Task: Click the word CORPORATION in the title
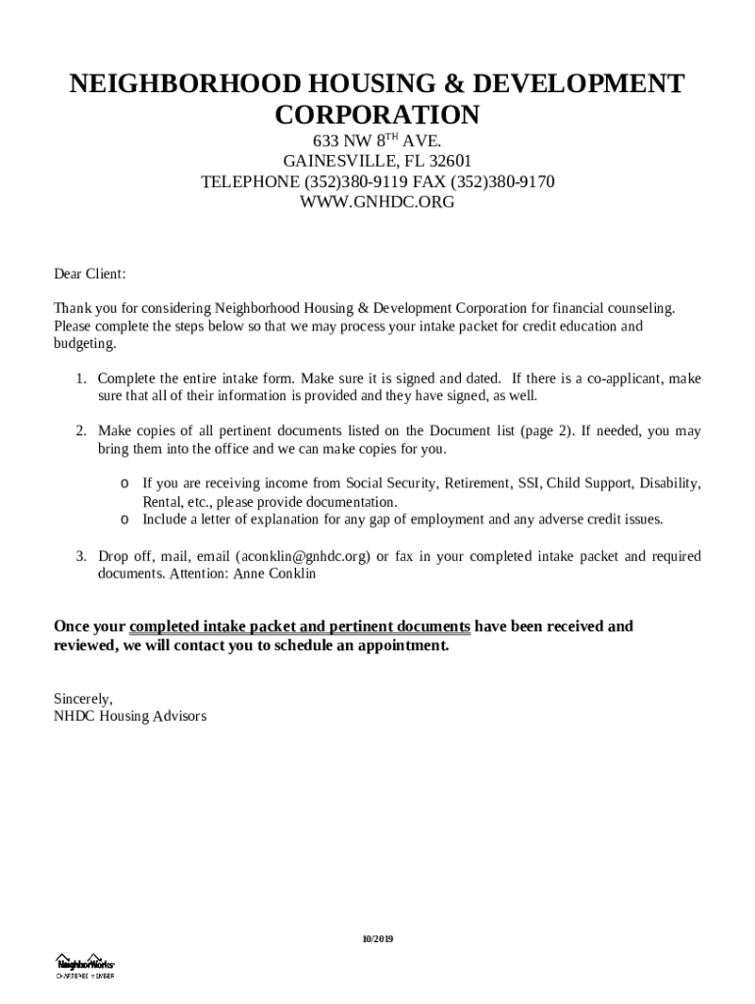pos(377,115)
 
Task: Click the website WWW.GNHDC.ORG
pos(377,203)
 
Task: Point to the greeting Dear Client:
pos(89,275)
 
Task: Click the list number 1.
pos(81,378)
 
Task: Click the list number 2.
pos(81,431)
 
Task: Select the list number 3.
pos(81,557)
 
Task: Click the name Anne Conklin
pos(275,574)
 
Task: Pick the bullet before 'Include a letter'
pos(125,520)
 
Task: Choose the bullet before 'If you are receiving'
pos(125,484)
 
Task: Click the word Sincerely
pos(82,699)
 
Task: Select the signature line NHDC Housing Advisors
pos(129,716)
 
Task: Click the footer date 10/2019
pos(377,939)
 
